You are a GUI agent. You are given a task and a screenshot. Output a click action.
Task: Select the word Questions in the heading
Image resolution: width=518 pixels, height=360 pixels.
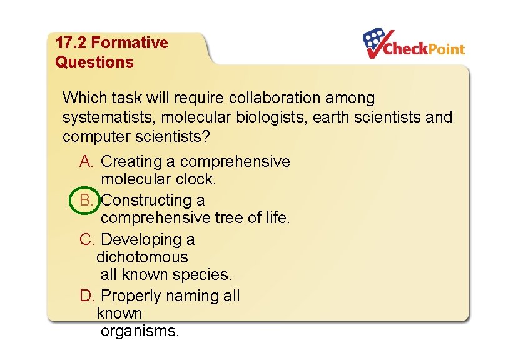click(x=94, y=62)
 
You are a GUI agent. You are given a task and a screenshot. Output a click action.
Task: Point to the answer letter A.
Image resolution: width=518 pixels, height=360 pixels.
click(x=86, y=161)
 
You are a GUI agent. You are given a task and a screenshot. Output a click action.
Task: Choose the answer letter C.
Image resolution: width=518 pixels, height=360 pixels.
click(x=86, y=239)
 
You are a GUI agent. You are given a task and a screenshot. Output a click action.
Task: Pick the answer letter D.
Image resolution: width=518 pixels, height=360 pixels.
click(x=86, y=296)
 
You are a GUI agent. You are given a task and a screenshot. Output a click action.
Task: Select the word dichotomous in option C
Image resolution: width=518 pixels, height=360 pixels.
click(x=142, y=257)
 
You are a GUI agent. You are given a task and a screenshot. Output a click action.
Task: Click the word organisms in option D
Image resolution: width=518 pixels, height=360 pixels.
click(x=139, y=331)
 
